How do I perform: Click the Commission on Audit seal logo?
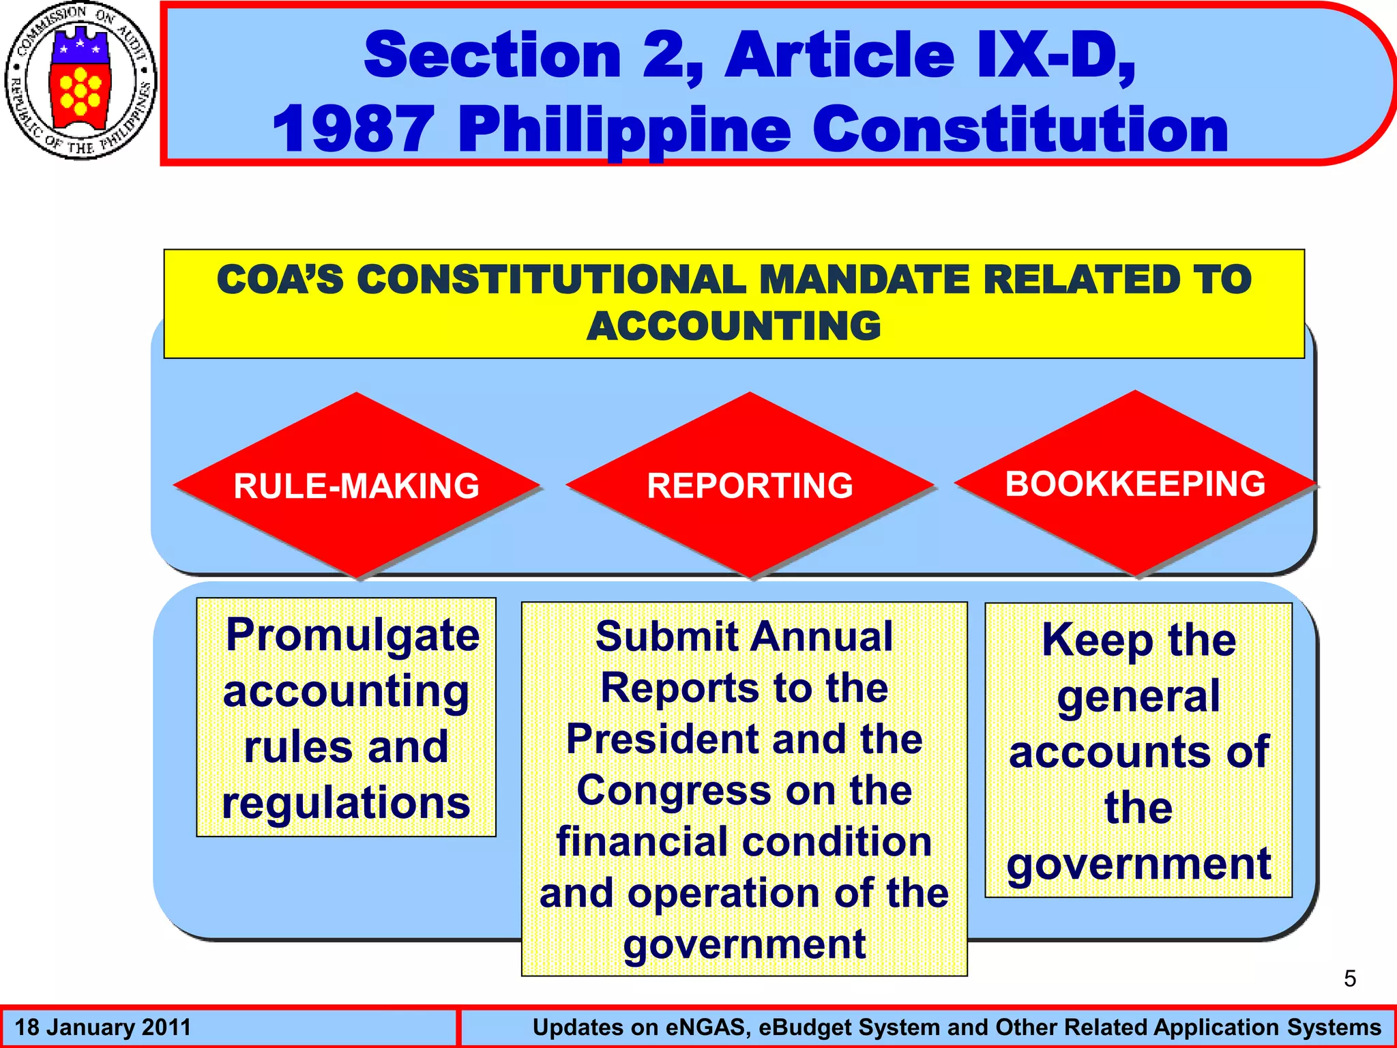tap(80, 81)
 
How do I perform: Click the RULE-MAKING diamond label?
tap(356, 486)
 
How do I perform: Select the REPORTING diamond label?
tap(750, 486)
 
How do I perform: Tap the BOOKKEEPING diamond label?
tap(1135, 484)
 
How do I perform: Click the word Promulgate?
tap(353, 636)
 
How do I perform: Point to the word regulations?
tap(346, 802)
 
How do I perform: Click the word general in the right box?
tap(1138, 697)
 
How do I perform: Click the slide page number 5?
tap(1349, 979)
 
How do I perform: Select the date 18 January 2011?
tap(103, 1028)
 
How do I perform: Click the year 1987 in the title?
tap(353, 130)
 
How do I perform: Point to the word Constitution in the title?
tap(1020, 130)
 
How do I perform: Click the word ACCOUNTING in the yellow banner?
tap(734, 326)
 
